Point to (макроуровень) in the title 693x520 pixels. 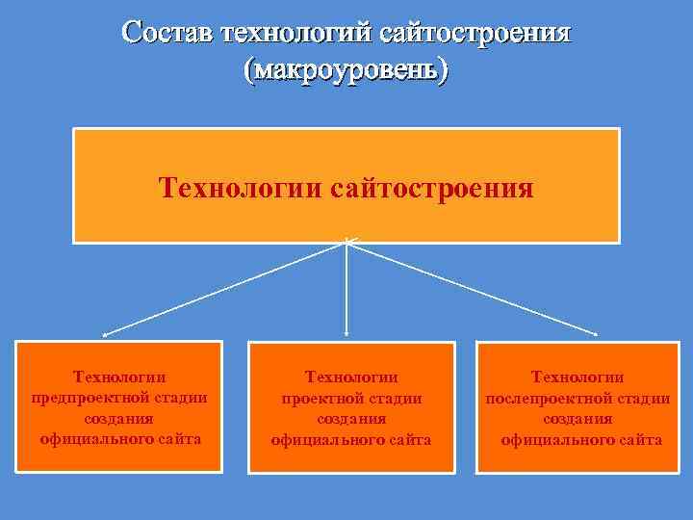346,70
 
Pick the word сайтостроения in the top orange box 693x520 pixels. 431,186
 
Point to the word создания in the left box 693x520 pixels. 118,419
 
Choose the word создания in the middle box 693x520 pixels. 351,419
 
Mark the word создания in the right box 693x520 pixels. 577,419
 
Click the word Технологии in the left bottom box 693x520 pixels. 119,377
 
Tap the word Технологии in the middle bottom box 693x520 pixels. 351,377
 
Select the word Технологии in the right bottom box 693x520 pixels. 577,377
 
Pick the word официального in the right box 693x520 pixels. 555,440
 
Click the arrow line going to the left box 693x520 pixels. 224,288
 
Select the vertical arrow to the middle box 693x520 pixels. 346,289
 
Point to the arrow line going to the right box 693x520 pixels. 472,288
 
